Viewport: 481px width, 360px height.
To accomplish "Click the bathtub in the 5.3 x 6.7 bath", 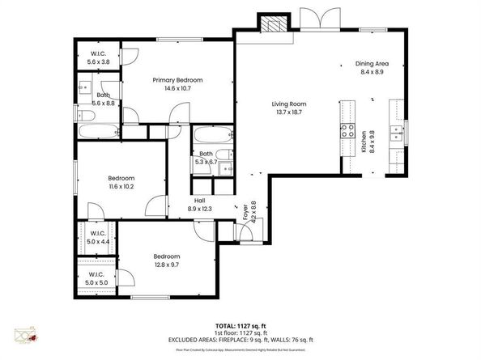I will pos(213,135).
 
